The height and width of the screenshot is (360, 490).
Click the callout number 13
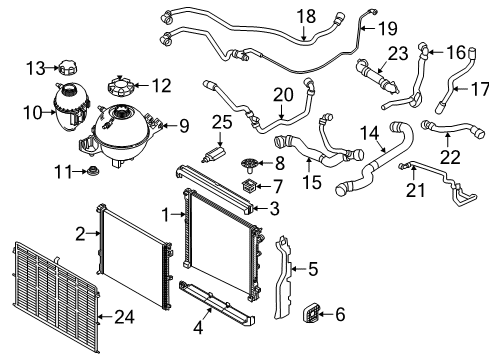35,67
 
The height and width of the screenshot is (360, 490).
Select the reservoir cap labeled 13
66,67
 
